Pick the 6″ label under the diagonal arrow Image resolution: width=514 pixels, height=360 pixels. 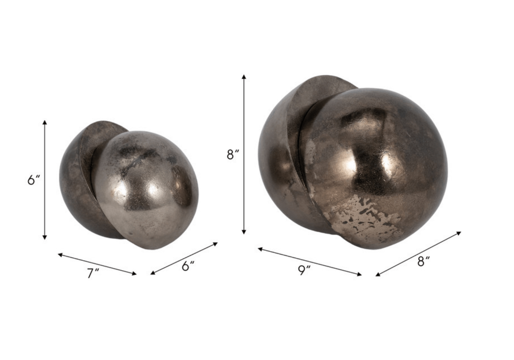pos(188,266)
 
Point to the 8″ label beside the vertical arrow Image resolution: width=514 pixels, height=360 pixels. pos(232,154)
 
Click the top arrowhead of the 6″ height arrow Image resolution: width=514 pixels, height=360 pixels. pos(45,122)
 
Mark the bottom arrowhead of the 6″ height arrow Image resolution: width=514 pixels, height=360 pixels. pos(45,237)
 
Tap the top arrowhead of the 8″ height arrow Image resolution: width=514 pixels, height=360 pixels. pos(244,76)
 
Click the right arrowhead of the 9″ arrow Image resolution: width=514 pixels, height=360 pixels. pos(359,275)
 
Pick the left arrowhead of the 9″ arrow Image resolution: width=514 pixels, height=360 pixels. pos(260,248)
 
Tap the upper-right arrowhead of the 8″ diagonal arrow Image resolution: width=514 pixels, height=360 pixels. pos(459,233)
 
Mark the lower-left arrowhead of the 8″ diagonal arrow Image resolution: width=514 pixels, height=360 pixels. pos(378,275)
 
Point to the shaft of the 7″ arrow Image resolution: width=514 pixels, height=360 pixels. pos(97,264)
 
